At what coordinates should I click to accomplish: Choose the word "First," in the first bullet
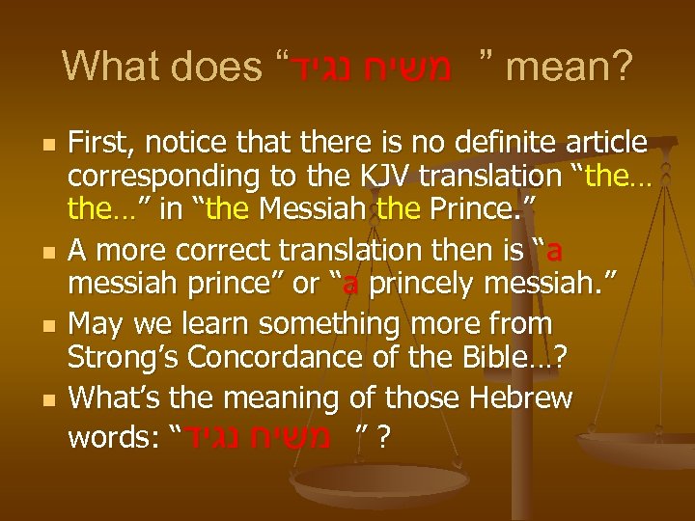click(103, 144)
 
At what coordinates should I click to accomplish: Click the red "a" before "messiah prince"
click(556, 252)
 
